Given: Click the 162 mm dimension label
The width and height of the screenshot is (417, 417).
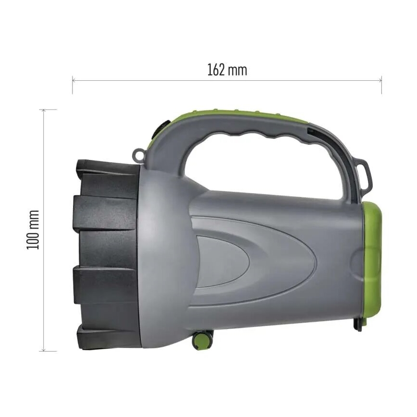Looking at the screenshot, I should (227, 70).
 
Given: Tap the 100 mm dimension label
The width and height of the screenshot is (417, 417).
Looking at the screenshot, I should (33, 230).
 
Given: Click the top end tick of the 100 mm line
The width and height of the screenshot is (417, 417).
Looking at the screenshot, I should (44, 110).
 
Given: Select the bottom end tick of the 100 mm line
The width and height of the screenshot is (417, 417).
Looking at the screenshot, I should (44, 351).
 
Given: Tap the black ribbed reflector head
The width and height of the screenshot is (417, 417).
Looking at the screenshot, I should (106, 255).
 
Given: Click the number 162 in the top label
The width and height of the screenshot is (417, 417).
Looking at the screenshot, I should (216, 70).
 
